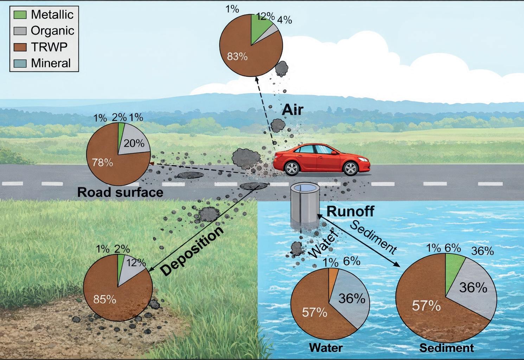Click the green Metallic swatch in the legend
20,15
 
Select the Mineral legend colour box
20,63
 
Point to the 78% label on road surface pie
102,163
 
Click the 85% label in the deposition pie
104,300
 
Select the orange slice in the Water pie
332,276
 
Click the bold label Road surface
120,192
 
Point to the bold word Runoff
350,211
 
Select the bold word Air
292,110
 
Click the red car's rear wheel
292,168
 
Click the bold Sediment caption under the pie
447,348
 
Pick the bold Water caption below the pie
326,348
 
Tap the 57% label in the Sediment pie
426,306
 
